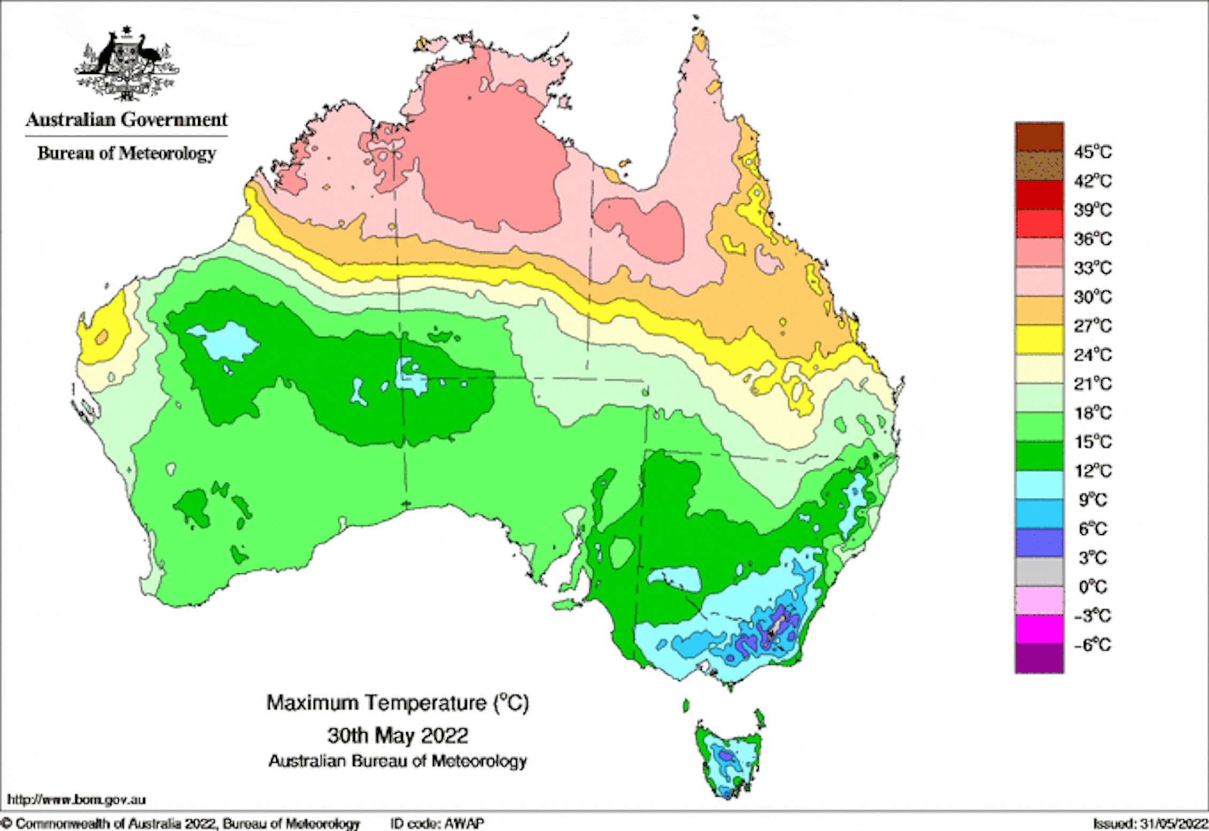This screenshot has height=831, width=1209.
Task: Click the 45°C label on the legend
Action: [1092, 152]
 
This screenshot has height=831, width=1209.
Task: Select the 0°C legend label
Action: [1092, 587]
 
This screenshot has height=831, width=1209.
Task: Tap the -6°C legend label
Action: [1092, 645]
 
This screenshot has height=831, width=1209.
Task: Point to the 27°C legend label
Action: [1092, 326]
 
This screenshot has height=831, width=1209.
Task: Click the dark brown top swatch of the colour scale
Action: [1039, 137]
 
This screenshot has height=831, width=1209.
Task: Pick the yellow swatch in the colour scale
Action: [1039, 340]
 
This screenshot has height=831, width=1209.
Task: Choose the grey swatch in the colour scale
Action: [1039, 572]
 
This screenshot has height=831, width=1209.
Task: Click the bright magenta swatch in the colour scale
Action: [1039, 629]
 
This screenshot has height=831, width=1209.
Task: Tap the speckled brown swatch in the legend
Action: [1039, 166]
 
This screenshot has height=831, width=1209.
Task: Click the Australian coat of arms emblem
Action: [126, 64]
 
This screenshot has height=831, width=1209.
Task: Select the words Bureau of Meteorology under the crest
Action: [127, 153]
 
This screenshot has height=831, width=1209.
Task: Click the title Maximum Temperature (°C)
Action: [398, 703]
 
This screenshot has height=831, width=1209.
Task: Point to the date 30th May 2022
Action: [398, 735]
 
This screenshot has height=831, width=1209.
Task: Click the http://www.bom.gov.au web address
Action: [76, 800]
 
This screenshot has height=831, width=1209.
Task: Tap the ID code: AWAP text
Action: [437, 824]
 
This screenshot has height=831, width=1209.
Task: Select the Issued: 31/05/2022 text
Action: [1149, 824]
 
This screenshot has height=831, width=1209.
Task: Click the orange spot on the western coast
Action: [101, 337]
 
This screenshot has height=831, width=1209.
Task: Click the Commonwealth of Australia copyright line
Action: [182, 824]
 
